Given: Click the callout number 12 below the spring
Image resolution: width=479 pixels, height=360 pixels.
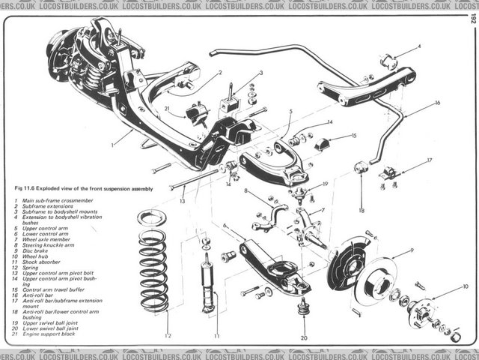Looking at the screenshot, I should tap(168, 336).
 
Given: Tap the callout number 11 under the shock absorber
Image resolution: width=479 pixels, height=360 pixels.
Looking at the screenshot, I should tap(216, 336).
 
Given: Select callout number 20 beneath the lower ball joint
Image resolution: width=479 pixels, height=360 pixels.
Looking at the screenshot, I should tap(304, 338).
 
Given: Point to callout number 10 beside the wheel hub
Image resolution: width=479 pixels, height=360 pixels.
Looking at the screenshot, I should tap(465, 286).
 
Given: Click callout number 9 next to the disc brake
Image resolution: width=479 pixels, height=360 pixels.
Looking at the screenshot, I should tap(412, 250).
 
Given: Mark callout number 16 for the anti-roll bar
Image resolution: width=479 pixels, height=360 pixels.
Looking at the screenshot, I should tap(436, 102).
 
